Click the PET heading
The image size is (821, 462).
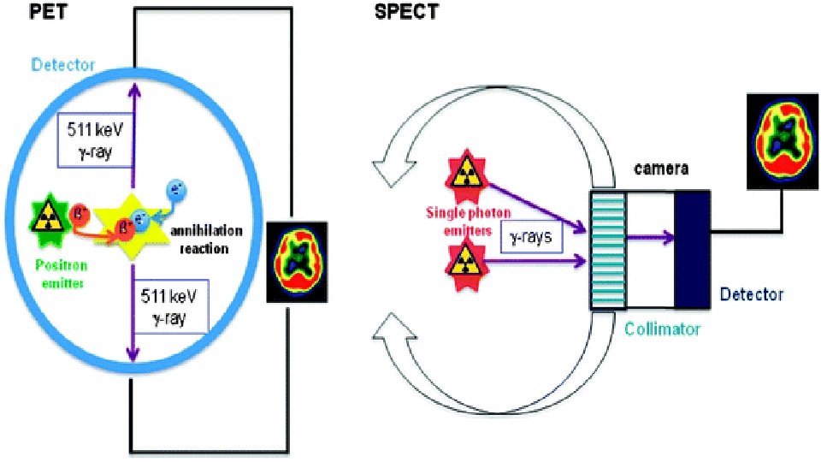[x=23, y=13]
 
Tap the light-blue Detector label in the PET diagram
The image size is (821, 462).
[x=65, y=65]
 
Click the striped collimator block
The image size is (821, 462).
[x=607, y=250]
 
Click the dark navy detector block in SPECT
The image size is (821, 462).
[x=691, y=250]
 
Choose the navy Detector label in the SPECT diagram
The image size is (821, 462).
[x=751, y=294]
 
